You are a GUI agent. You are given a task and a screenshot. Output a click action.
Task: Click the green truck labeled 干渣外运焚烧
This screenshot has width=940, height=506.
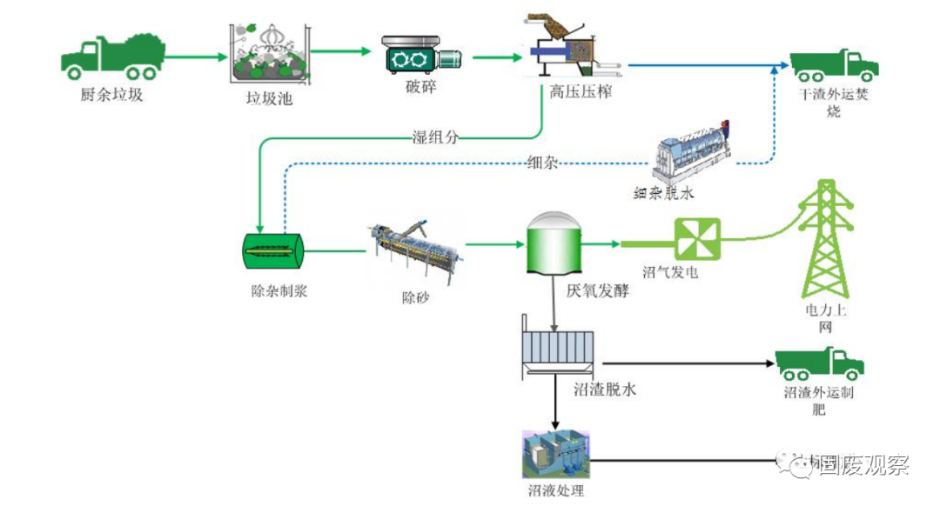click(x=833, y=65)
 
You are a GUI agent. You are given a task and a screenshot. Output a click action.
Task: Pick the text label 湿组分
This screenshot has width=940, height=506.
click(x=434, y=136)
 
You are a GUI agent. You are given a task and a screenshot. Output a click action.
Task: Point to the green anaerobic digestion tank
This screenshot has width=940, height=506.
click(x=554, y=244)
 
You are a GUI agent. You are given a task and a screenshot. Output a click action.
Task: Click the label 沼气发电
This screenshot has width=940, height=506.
click(x=670, y=272)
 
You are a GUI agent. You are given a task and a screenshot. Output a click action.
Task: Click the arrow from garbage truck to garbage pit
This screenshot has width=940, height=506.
click(x=194, y=58)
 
